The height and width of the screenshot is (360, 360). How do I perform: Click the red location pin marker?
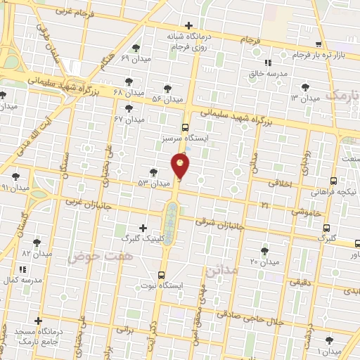coord(181,166)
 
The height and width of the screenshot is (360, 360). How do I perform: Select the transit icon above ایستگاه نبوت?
coord(162,275)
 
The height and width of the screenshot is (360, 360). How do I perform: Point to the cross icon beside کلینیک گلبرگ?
coord(143,228)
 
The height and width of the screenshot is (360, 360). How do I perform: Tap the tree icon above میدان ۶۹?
coord(136,49)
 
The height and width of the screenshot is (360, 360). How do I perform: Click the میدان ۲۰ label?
coord(264,262)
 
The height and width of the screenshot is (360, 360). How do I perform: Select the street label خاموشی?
coord(307,210)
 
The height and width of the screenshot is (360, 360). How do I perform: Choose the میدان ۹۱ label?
coord(15,188)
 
